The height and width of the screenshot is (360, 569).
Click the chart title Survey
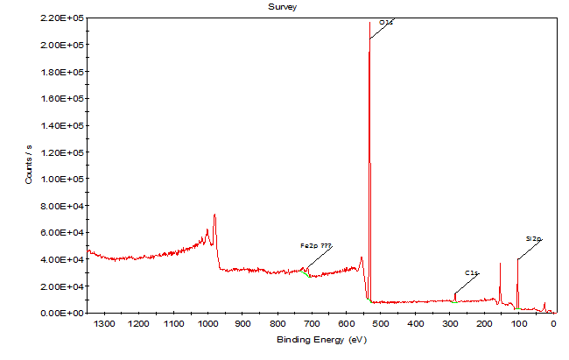284,6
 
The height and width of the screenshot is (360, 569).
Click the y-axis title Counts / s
29,165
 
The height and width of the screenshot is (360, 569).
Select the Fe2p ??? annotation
316,246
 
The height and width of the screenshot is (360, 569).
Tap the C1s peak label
471,273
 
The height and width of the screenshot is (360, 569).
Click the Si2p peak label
534,237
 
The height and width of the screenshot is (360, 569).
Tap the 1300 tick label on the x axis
104,324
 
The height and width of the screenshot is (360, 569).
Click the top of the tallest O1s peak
369,22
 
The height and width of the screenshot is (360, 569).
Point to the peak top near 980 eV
214,215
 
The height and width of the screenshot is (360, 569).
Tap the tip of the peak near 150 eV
501,264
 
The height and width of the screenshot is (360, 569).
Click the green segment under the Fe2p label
306,274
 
